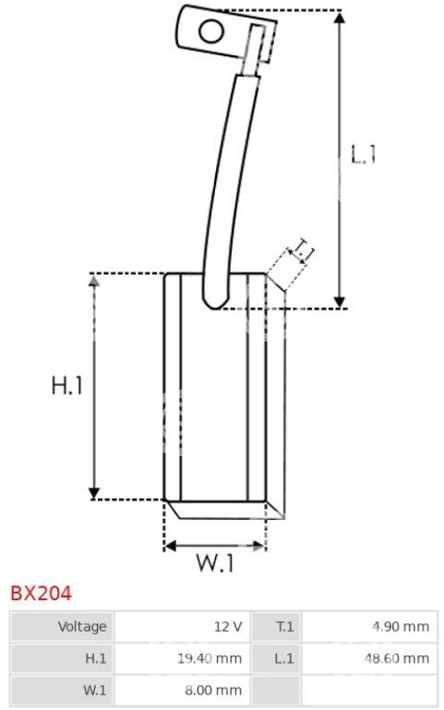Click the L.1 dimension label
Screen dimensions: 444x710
(x=364, y=154)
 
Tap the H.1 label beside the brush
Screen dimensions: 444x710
(x=67, y=386)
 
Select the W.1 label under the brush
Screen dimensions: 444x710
(x=215, y=563)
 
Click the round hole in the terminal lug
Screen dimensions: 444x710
(x=211, y=31)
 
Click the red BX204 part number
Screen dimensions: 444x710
(x=41, y=593)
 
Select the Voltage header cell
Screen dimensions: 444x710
(x=82, y=626)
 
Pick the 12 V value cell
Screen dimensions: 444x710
(x=228, y=627)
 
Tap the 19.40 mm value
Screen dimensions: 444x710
(x=210, y=658)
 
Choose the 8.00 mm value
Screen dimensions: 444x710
(x=213, y=691)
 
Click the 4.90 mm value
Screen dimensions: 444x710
(x=401, y=627)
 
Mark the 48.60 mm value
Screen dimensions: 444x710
(x=397, y=658)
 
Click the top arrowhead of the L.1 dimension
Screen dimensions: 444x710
(x=340, y=18)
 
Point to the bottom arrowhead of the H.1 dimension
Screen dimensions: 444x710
(x=94, y=493)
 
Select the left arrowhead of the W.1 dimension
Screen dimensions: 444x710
(x=170, y=546)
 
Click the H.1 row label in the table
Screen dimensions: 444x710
(x=95, y=658)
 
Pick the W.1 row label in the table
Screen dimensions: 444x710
(x=94, y=691)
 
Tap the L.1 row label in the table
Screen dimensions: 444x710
(x=283, y=658)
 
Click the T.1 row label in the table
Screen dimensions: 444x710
(x=284, y=627)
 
